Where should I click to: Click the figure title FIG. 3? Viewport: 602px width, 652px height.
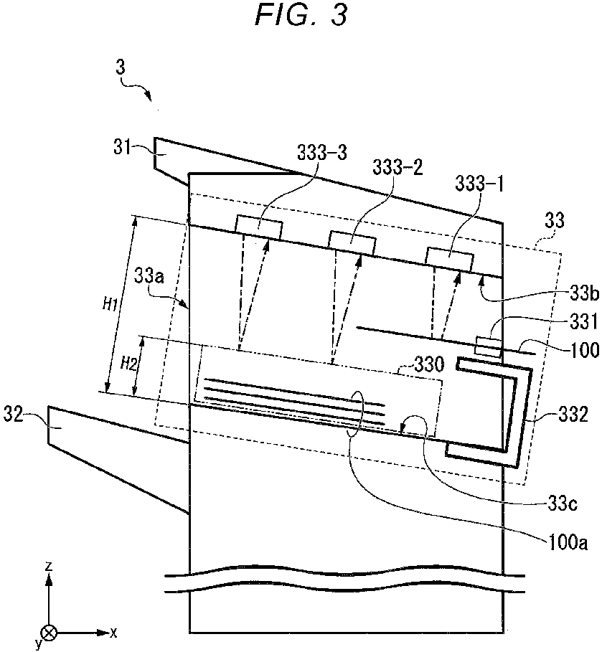[x=301, y=16]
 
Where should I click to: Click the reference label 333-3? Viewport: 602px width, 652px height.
[x=321, y=153]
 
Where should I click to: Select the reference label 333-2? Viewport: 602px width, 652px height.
[x=398, y=168]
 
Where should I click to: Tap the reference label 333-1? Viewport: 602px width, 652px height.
[x=479, y=183]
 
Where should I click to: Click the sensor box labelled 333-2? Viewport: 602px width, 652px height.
[x=352, y=242]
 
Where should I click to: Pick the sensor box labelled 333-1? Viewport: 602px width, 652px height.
[x=449, y=260]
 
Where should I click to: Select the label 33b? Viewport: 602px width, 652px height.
[x=584, y=293]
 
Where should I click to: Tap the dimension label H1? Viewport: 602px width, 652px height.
[x=110, y=306]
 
